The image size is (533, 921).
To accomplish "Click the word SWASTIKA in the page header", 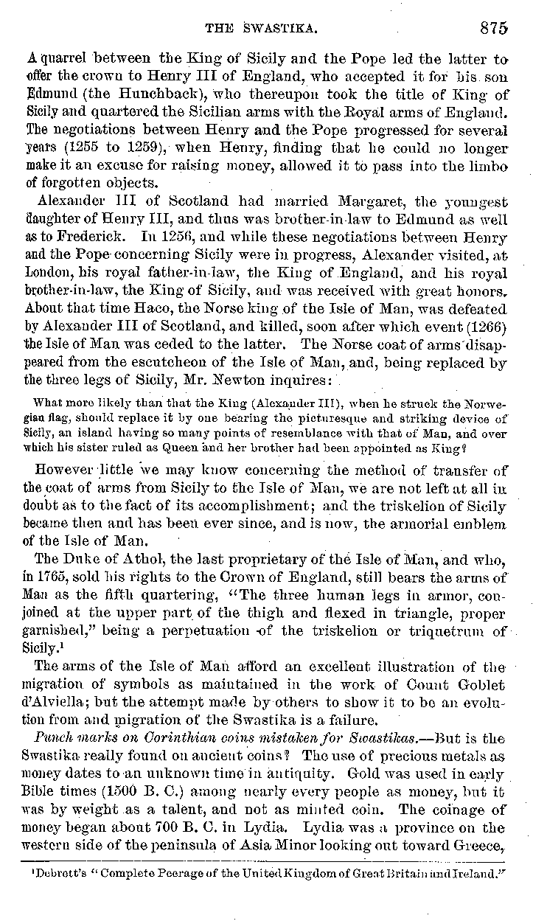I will pyautogui.click(x=281, y=29).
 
